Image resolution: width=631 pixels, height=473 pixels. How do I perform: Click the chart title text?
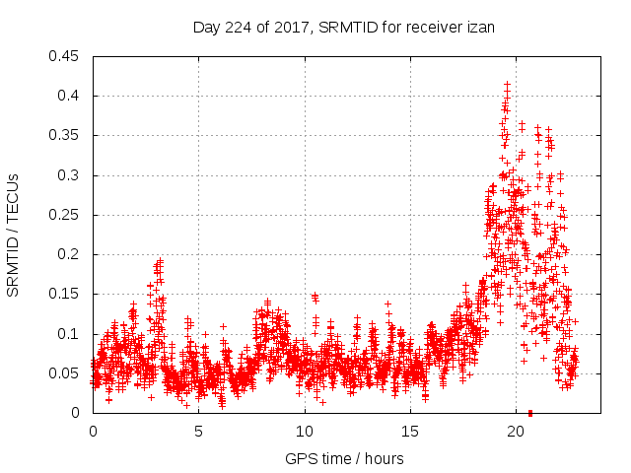343,29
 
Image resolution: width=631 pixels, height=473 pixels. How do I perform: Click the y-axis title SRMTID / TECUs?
14,234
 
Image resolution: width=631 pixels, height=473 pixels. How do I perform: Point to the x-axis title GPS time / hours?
344,458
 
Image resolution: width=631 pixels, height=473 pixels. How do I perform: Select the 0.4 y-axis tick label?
70,96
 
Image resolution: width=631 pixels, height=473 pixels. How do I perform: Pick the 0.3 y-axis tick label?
70,175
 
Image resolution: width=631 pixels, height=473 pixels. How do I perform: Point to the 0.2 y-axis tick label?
70,254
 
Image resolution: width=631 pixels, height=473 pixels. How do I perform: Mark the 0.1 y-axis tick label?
70,334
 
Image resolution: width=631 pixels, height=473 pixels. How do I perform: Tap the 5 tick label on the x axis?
198,432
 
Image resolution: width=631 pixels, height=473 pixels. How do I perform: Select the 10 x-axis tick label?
305,432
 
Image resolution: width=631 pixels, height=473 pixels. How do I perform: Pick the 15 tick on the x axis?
410,432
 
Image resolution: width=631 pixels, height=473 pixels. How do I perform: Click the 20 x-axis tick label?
516,432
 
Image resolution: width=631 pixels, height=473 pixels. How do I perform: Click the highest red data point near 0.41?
507,86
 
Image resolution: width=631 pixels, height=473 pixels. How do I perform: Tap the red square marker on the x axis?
530,412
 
